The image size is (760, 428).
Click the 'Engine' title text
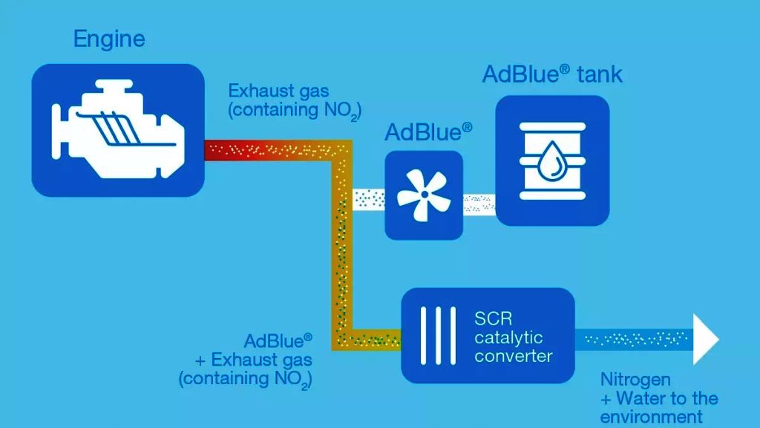tap(109, 39)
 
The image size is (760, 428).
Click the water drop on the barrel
tap(552, 159)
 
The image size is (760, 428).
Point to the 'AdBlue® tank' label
tap(552, 74)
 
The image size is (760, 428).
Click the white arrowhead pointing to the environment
tap(706, 339)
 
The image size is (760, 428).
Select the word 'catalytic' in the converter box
tap(509, 338)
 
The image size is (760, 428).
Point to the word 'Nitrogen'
tap(635, 380)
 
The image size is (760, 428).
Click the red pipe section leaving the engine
tap(237, 151)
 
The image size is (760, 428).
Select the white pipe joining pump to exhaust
tap(368, 199)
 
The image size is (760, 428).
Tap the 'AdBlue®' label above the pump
tap(428, 132)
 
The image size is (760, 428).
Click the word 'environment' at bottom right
tap(651, 417)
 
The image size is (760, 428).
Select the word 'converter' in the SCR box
tap(514, 356)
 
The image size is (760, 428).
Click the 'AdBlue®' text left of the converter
tap(278, 341)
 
